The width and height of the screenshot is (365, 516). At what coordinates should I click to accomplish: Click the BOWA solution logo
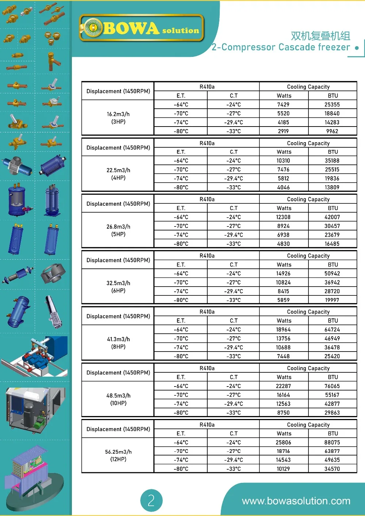142,28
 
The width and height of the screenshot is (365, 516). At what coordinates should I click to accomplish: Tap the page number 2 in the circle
151,500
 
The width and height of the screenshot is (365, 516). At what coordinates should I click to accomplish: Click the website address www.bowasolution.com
296,501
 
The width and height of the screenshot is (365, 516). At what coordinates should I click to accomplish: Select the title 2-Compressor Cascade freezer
281,47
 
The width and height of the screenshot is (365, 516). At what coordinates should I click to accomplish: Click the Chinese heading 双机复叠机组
320,36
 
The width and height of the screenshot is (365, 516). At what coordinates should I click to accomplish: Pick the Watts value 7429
283,105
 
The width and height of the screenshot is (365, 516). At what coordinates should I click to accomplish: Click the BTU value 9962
332,131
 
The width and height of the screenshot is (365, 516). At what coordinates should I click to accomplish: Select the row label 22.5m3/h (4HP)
118,174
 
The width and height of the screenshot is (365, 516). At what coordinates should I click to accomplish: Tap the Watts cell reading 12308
283,217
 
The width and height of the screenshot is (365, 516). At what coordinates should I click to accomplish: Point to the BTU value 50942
332,273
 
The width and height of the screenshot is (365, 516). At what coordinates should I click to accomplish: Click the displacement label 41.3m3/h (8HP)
118,343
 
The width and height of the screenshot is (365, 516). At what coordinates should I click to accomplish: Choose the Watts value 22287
283,386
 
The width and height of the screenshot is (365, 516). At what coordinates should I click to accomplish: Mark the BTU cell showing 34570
332,469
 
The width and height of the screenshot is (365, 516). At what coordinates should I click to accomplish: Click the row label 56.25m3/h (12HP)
118,455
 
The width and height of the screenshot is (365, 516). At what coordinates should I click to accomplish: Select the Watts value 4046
283,187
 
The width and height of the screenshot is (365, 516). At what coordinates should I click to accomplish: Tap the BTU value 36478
332,348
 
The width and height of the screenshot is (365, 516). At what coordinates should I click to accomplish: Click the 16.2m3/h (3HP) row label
118,118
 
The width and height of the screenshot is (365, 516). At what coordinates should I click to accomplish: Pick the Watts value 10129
283,469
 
